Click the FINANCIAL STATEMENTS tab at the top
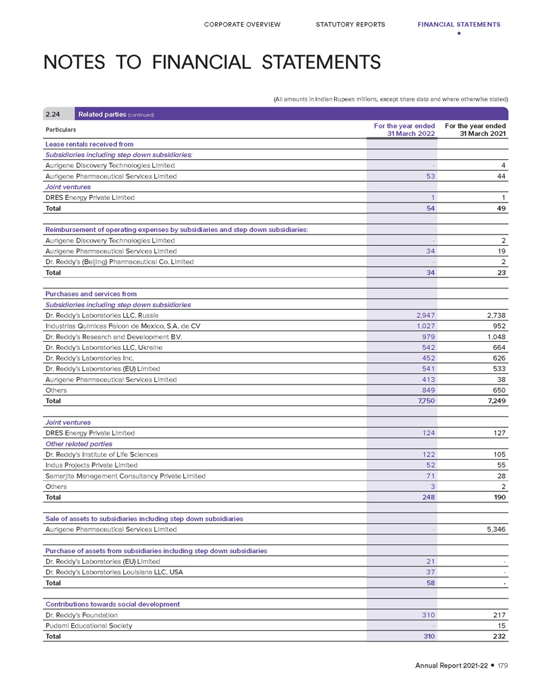coord(459,25)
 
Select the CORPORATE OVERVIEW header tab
coord(242,25)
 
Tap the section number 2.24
coord(53,114)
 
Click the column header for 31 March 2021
coord(475,129)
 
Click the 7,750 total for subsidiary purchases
coord(423,401)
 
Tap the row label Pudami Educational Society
coord(89,626)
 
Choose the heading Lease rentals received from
coord(89,144)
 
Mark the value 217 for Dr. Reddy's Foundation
coord(498,615)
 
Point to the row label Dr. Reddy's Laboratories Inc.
coord(95,358)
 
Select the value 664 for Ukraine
coord(498,347)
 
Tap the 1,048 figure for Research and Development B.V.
coord(495,337)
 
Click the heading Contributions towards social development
coord(113,604)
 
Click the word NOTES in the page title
coord(74,63)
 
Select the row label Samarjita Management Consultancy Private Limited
coord(125,476)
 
